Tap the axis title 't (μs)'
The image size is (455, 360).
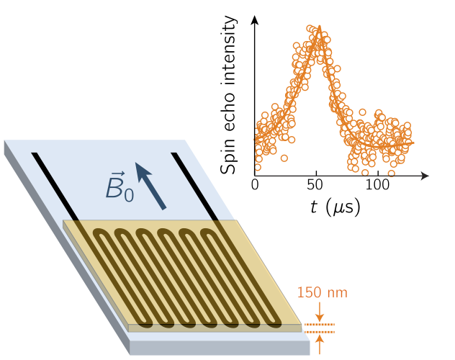[335, 207]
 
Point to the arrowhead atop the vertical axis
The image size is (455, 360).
[255, 19]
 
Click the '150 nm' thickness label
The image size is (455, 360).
[322, 293]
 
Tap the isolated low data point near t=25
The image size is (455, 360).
[284, 158]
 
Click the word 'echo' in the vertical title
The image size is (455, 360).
[229, 108]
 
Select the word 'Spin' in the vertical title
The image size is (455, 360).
[229, 155]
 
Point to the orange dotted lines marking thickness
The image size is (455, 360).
[319, 328]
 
